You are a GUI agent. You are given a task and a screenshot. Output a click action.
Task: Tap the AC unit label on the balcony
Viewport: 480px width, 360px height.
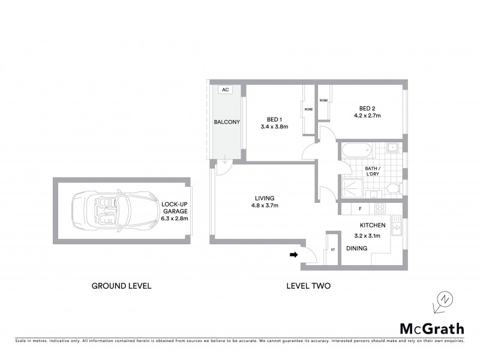(226, 90)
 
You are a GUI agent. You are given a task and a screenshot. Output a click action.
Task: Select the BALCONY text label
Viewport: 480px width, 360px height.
(227, 122)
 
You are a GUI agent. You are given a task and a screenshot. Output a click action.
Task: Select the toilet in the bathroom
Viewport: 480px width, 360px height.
(392, 188)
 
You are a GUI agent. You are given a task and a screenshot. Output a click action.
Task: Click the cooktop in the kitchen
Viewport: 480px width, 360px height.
(379, 209)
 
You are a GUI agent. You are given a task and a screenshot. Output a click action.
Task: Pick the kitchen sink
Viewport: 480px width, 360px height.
(396, 227)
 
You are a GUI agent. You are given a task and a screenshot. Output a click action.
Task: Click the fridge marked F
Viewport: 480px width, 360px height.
(359, 209)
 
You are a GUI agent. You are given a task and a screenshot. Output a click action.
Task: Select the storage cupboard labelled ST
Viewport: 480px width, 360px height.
(332, 249)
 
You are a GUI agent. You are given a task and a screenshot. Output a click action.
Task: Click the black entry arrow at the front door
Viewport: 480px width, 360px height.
(294, 255)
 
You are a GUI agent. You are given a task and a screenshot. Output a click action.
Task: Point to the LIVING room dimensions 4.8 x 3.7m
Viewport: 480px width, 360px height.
(264, 206)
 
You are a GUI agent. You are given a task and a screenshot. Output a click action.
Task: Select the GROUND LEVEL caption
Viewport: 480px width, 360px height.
(121, 286)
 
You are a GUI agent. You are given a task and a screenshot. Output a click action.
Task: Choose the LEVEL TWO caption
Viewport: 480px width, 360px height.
(308, 286)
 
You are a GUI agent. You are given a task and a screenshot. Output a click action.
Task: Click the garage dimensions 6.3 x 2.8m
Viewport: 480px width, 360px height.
(175, 218)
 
